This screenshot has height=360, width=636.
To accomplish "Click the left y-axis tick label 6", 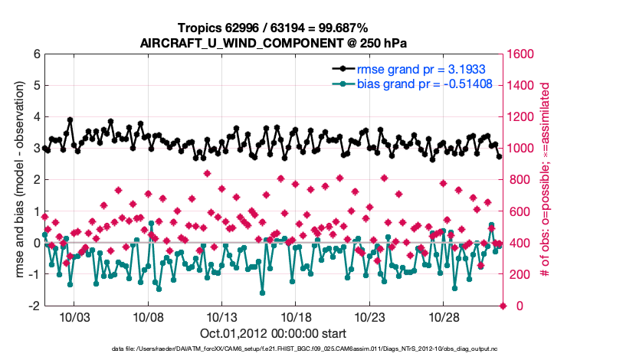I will click(x=37, y=54).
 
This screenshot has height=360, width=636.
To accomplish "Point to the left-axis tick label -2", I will click(x=35, y=306).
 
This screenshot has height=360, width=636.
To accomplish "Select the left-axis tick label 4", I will click(x=37, y=117).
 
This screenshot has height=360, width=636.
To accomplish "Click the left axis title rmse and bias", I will click(x=18, y=180).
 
